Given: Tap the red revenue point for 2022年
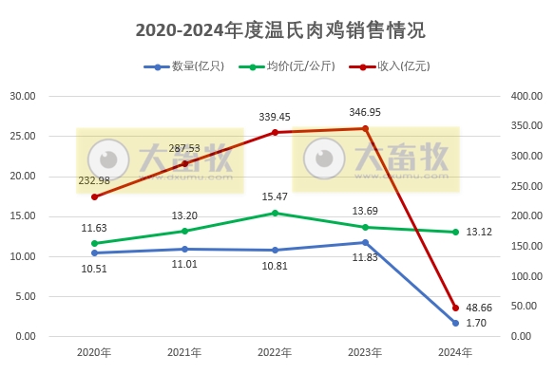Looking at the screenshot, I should (275, 132).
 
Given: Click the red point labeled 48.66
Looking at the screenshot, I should (455, 308).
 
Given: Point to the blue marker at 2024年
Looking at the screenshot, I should (455, 323).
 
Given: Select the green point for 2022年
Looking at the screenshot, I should (275, 213).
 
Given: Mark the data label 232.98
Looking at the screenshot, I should (95, 180).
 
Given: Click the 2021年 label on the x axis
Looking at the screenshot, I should (184, 352).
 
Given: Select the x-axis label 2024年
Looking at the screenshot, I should (455, 352).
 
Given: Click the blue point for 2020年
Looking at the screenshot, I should (94, 252).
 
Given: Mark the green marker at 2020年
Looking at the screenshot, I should (94, 243).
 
